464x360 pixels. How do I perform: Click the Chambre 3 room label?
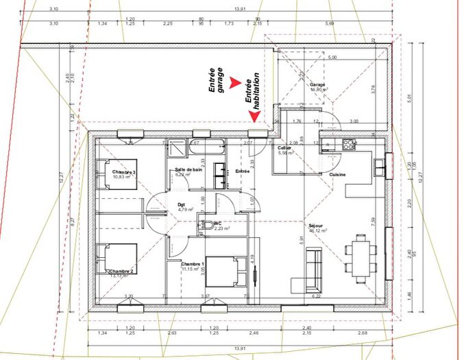click(125, 171)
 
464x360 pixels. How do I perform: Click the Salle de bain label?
click(188, 169)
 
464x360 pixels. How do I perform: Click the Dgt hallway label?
click(182, 204)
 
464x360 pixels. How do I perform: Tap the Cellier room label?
click(285, 147)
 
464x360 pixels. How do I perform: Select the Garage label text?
click(317, 84)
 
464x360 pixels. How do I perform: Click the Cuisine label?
click(337, 175)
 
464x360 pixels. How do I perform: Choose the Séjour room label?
click(315, 225)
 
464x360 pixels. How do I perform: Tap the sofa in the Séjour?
click(313, 269)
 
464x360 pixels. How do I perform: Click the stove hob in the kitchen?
click(349, 144)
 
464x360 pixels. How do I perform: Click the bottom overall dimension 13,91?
click(239, 349)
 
